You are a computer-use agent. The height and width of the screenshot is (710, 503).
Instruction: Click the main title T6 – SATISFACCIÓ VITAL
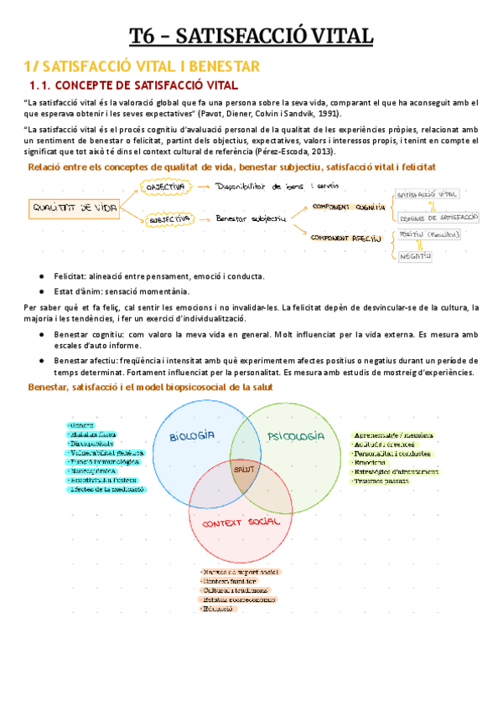pos(251,36)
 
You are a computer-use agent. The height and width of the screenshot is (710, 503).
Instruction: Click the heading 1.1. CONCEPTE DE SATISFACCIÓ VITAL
pos(134,85)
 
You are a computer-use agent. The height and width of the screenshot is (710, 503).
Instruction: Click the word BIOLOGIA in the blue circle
pos(193,436)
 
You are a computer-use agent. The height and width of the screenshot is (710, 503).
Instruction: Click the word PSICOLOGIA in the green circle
pos(295,436)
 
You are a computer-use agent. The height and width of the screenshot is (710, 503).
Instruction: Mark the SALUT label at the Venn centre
pos(244,471)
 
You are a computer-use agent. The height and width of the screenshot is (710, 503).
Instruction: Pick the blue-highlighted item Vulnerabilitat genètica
pos(106,453)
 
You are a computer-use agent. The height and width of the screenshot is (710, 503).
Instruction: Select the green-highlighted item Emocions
pos(370,462)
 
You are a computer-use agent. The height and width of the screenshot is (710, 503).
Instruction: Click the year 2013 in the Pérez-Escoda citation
pos(320,152)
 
